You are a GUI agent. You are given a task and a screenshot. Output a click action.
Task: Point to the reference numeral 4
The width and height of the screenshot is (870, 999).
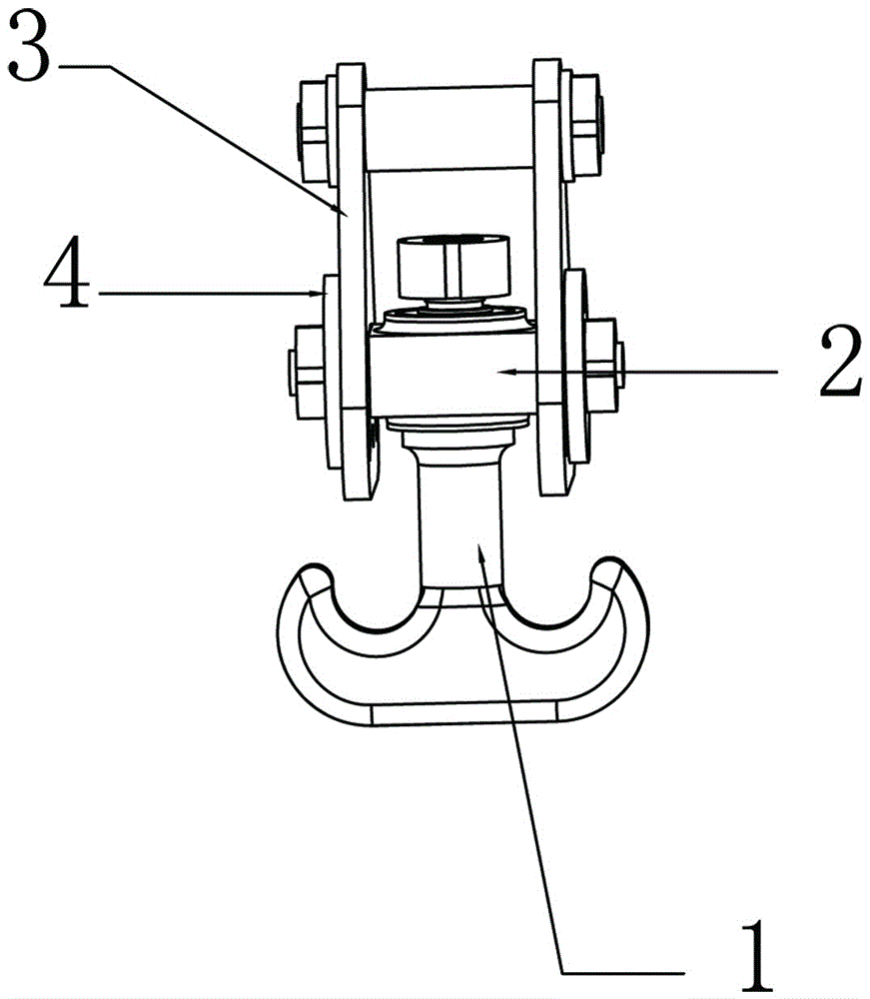point(66,272)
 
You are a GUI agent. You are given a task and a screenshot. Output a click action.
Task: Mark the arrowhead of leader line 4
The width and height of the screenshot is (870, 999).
point(319,294)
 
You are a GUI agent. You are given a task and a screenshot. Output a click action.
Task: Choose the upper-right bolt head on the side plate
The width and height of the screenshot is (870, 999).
point(585,126)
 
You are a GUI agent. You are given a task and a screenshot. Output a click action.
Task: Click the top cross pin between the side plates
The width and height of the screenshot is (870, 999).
point(449,128)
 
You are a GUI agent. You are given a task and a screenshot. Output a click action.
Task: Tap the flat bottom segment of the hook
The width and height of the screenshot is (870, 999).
point(464,714)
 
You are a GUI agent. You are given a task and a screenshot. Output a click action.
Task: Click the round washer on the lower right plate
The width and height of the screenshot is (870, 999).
point(575,366)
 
